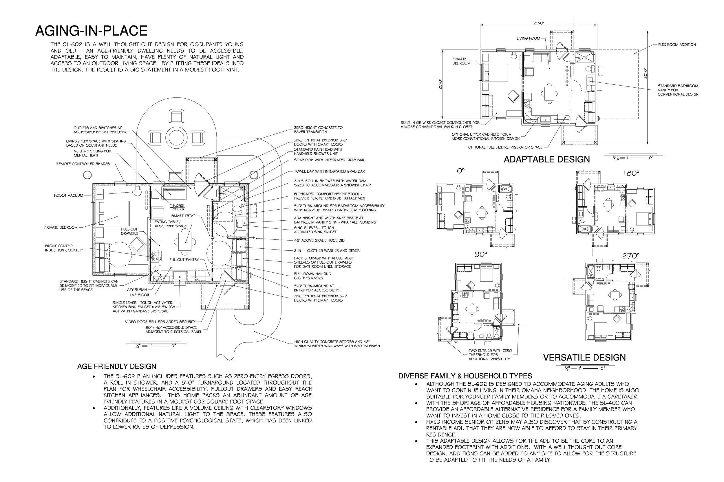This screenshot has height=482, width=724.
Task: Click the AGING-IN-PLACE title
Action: tap(91, 31)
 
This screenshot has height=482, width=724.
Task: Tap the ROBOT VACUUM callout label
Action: tap(68, 195)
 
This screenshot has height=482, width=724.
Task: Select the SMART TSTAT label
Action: tap(183, 216)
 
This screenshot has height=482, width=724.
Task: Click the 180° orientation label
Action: tap(630, 174)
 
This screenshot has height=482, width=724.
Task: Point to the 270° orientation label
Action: tap(630, 256)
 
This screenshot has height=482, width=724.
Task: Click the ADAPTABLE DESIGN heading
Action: tap(547, 160)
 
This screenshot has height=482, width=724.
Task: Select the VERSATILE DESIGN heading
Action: tap(584, 357)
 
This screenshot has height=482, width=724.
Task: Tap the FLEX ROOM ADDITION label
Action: tap(677, 45)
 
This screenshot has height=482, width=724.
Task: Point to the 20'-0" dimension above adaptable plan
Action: tap(538, 23)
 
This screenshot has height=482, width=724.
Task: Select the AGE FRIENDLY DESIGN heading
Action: tap(117, 366)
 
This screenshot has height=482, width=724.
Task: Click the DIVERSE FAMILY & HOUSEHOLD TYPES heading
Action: tap(465, 376)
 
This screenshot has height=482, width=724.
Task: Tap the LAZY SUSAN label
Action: tap(136, 289)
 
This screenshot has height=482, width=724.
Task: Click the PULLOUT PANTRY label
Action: tap(184, 260)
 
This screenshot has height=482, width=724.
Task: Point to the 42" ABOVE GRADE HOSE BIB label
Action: tap(319, 240)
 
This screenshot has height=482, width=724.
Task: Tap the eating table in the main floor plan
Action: tap(185, 242)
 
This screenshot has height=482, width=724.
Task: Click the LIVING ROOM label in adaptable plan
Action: tap(528, 38)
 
